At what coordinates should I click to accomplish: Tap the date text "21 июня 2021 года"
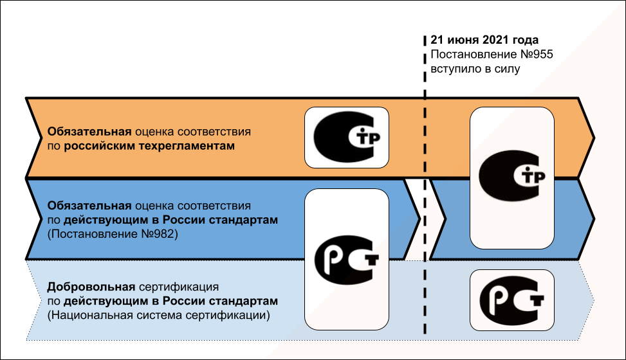(484, 40)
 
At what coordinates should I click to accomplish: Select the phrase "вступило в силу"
(475, 69)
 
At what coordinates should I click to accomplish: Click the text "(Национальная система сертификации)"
(158, 316)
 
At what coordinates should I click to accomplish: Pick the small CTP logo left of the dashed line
(346, 136)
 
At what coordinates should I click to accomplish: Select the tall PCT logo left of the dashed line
(347, 258)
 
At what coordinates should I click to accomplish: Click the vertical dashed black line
(425, 193)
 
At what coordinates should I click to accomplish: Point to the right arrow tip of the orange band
(593, 136)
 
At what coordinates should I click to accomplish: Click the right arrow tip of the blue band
(593, 220)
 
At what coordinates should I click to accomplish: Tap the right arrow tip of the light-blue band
(591, 300)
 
